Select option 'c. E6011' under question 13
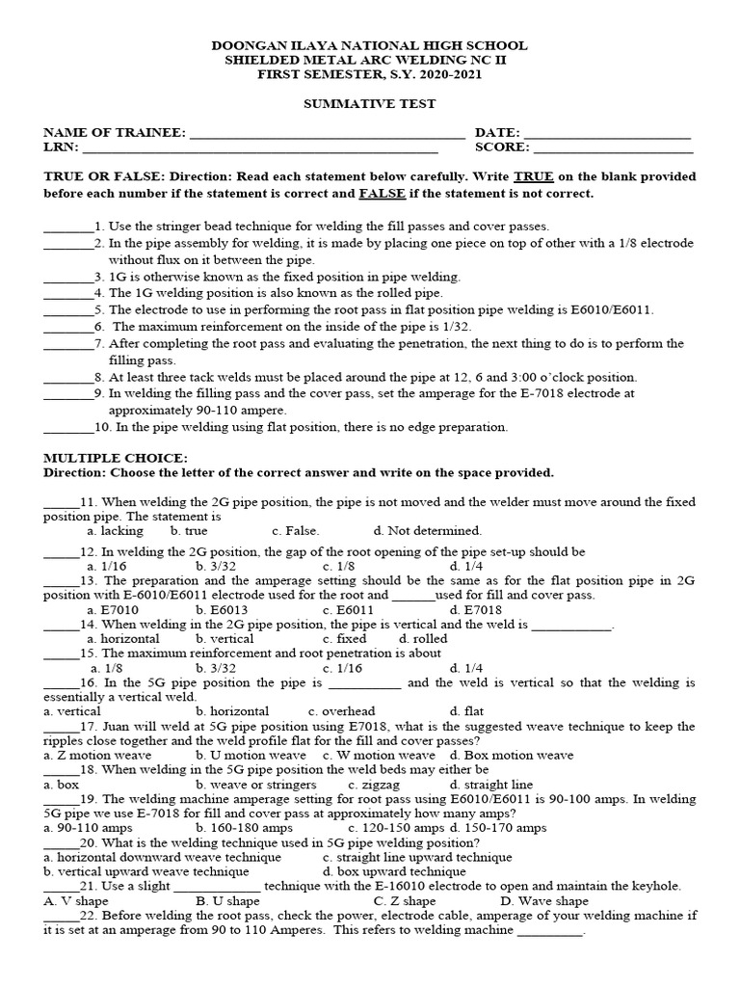[352, 609]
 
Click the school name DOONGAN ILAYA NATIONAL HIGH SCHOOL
[369, 45]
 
